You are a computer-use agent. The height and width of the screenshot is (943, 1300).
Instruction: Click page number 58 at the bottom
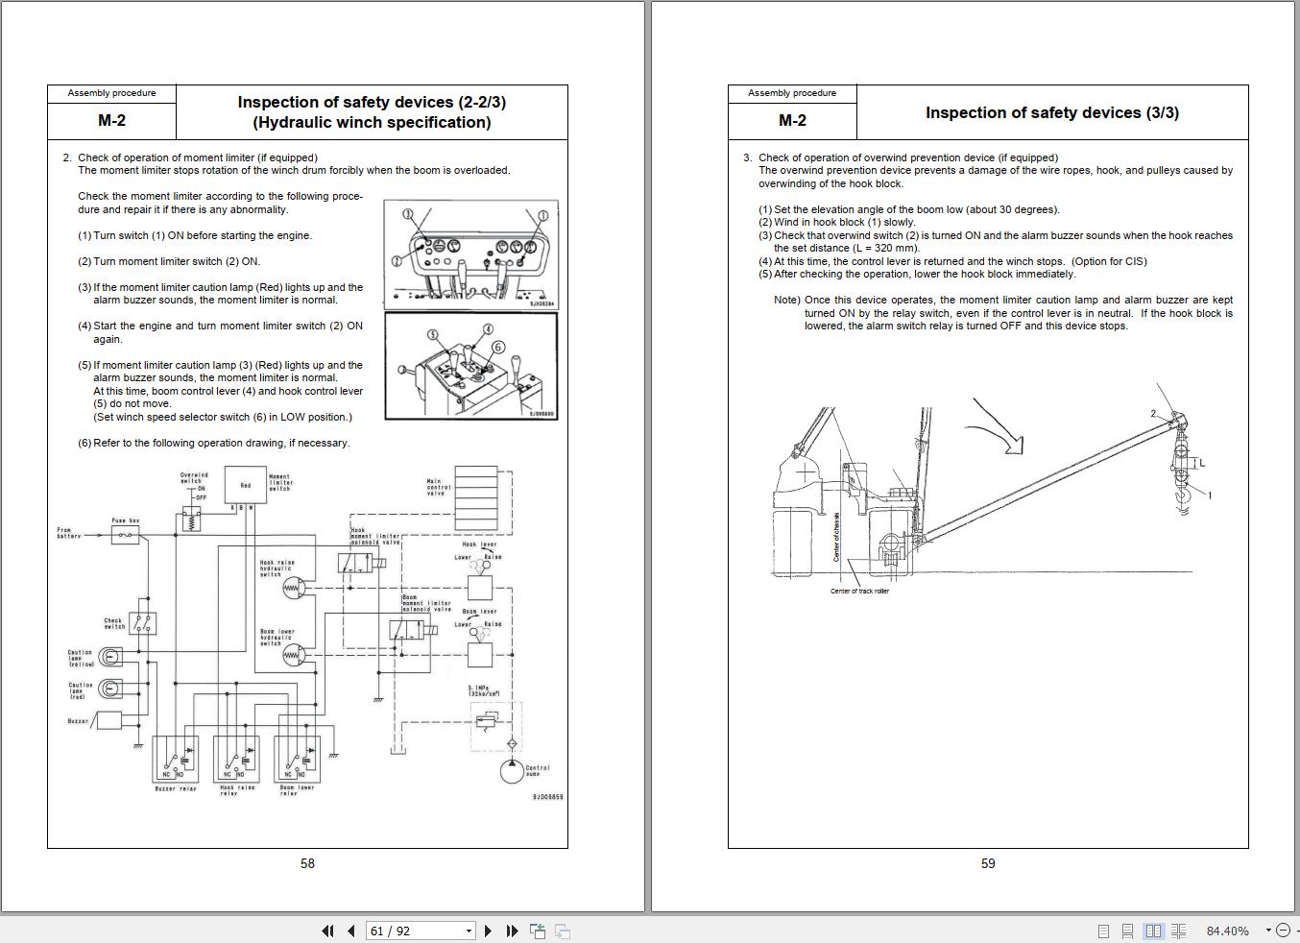tap(307, 863)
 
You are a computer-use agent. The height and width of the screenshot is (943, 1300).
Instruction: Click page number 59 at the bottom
tap(988, 863)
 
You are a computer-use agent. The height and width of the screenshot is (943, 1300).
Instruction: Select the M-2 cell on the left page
tap(111, 121)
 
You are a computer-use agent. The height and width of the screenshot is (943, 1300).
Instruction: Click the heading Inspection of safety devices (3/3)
tap(1051, 112)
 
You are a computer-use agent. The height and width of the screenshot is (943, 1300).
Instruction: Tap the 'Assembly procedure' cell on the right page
tap(792, 93)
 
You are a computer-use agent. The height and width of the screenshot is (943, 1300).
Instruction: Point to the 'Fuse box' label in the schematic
tap(126, 520)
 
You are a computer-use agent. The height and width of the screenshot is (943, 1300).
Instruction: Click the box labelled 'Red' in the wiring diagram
tap(246, 485)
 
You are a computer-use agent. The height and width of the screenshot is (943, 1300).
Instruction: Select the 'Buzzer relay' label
tap(176, 789)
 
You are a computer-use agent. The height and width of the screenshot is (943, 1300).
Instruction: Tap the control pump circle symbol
tap(512, 770)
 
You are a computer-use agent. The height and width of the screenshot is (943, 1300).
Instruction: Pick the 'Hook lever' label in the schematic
tap(479, 544)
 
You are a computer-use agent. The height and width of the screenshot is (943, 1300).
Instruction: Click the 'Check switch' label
tap(114, 623)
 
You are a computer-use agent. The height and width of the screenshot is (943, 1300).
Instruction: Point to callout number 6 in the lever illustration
tap(497, 347)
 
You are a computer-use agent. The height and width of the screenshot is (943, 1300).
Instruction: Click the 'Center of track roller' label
tap(859, 592)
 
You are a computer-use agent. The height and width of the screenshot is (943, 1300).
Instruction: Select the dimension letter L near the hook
tap(1201, 463)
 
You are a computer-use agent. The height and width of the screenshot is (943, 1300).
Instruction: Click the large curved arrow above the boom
tap(999, 428)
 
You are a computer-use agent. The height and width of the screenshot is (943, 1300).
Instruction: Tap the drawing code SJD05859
tap(547, 797)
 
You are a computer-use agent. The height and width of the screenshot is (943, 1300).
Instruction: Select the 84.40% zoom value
tap(1227, 931)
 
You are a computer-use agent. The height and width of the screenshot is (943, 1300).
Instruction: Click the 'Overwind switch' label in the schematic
tap(194, 477)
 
